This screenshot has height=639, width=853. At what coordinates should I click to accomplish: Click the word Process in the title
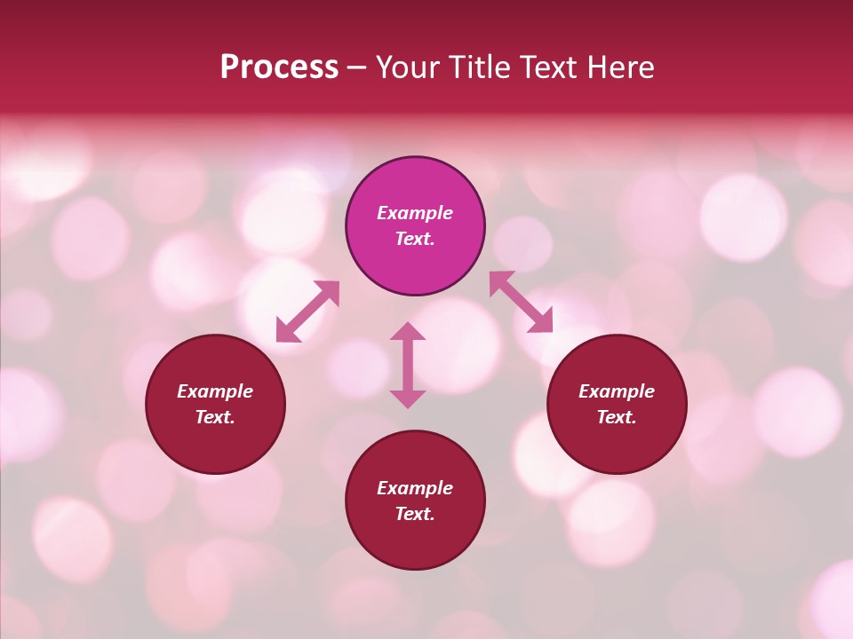click(x=279, y=67)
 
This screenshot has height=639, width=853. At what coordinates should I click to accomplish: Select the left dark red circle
click(x=215, y=444)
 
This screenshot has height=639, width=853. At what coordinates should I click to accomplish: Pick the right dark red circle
click(x=617, y=444)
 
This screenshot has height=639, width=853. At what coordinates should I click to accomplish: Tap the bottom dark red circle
click(x=415, y=541)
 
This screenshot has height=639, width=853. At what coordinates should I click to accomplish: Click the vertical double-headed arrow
click(x=408, y=365)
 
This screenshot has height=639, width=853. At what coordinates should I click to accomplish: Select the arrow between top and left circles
click(x=307, y=312)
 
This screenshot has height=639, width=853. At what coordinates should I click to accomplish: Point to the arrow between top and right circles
click(x=521, y=302)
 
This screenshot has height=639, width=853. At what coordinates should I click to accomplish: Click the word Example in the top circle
click(x=415, y=213)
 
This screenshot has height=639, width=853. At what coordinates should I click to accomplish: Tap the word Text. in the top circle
click(x=415, y=239)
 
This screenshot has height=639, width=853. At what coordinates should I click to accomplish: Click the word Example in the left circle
click(x=215, y=391)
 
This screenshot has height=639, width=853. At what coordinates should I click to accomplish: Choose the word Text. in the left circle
click(x=215, y=417)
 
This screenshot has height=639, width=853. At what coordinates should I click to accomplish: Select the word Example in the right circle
click(x=617, y=391)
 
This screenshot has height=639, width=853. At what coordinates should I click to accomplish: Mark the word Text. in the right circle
click(x=617, y=417)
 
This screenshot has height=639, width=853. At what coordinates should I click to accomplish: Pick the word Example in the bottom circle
click(x=415, y=488)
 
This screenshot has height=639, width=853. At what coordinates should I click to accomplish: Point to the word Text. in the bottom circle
click(x=415, y=514)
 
